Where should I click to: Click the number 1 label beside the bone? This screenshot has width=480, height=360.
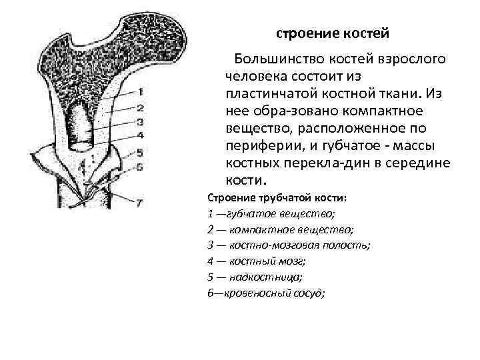point(139,92)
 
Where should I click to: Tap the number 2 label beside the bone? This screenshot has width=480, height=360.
point(139,107)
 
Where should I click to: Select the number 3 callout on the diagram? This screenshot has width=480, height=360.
point(139,121)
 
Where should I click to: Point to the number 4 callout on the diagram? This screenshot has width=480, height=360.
point(139,135)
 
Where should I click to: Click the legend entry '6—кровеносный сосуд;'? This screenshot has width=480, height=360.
point(267,292)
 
